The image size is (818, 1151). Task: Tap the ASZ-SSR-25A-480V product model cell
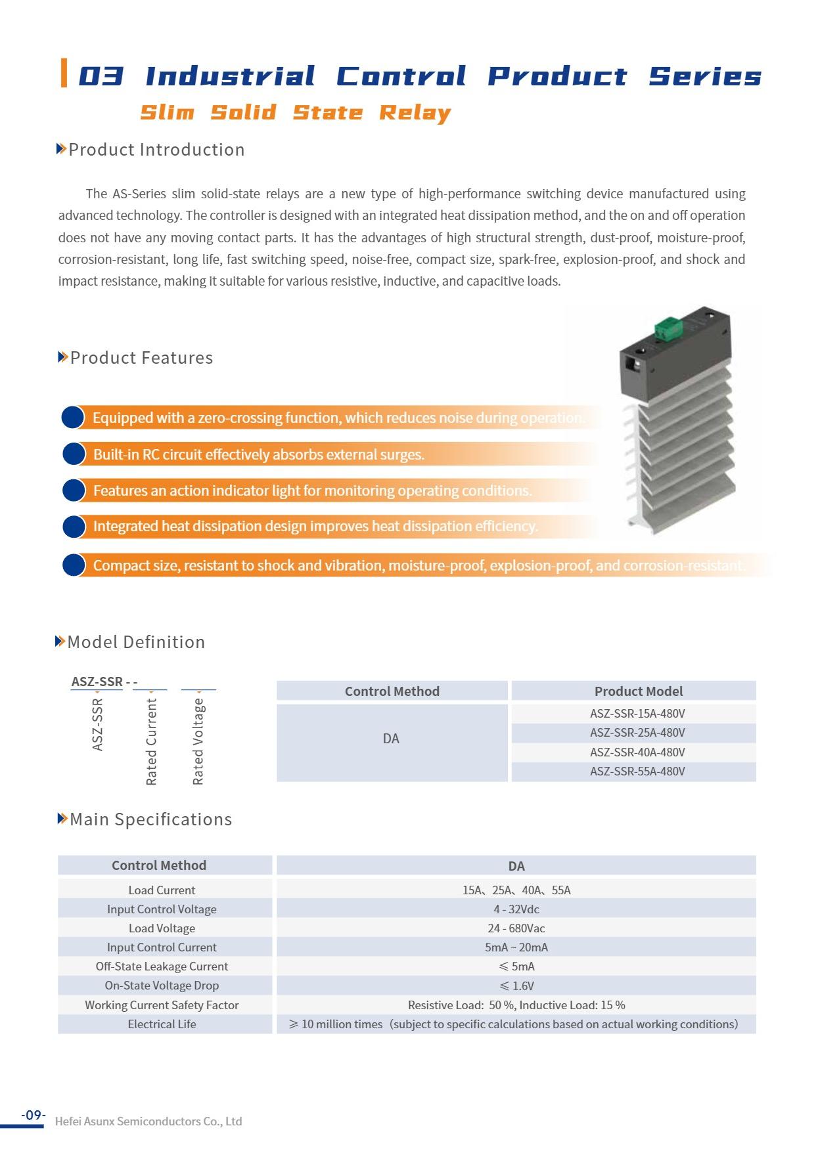tap(637, 733)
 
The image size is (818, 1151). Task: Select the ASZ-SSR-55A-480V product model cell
tap(637, 771)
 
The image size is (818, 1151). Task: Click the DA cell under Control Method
tap(391, 739)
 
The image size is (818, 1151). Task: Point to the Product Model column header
tap(638, 691)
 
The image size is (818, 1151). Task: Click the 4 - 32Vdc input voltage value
tap(516, 909)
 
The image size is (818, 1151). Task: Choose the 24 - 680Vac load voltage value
tap(516, 928)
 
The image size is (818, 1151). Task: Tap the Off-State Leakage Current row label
tap(162, 966)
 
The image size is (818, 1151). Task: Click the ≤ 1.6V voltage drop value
tap(516, 986)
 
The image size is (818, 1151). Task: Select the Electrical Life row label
tap(162, 1024)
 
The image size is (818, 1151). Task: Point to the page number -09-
tap(34, 1115)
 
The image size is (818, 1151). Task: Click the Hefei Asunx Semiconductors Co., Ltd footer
tap(148, 1121)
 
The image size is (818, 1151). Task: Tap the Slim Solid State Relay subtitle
tap(296, 112)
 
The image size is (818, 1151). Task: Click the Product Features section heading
tap(141, 358)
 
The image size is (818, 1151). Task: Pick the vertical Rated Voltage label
tap(198, 741)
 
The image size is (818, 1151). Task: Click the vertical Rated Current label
tap(152, 741)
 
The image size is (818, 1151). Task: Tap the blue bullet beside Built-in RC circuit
tap(74, 454)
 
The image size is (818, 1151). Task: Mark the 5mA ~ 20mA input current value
tap(516, 947)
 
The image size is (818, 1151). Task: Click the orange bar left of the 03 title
tap(64, 73)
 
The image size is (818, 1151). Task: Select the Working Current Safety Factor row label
tap(162, 1005)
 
